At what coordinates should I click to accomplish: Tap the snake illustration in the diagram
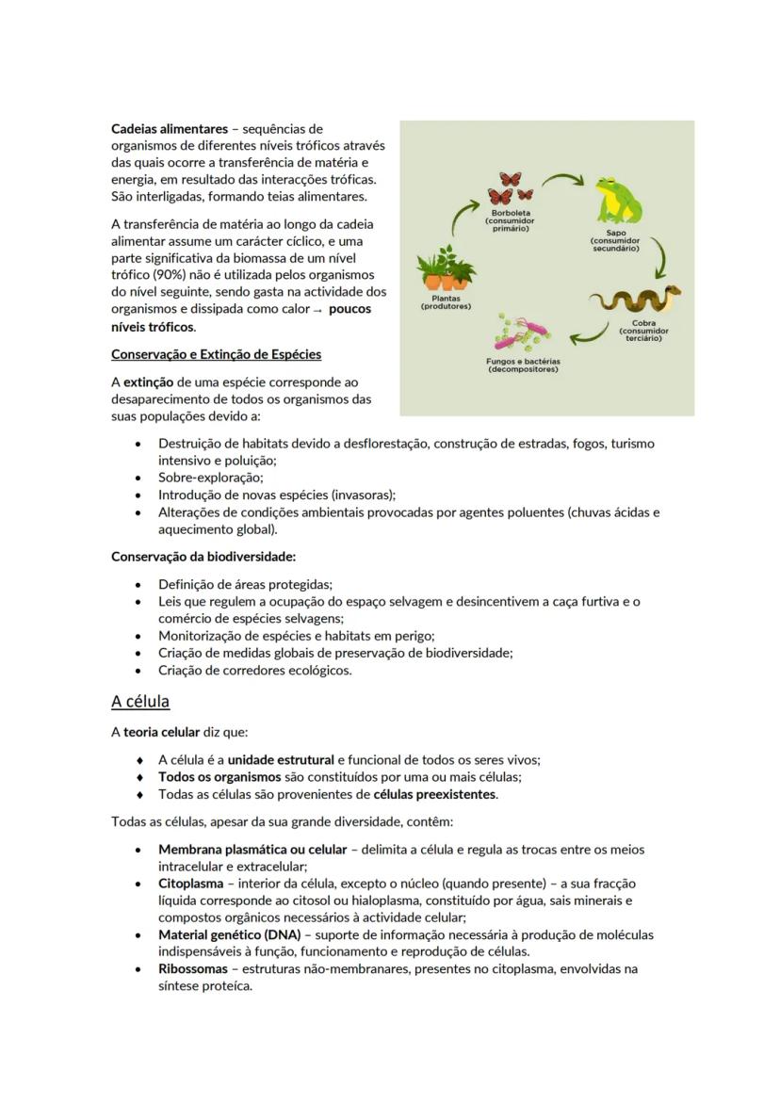point(637,300)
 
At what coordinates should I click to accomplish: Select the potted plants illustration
point(446,269)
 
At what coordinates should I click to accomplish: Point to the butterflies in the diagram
point(510,188)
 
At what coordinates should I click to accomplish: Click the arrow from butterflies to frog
point(563,182)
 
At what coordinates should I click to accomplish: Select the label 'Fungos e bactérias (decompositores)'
point(523,365)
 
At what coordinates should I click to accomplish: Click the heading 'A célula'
point(140,702)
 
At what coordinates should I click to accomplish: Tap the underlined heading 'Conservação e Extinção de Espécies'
point(216,355)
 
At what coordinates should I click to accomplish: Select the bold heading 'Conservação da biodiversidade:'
point(203,557)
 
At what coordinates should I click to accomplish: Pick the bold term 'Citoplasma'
point(190,884)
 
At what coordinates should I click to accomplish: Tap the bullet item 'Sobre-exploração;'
point(210,478)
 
